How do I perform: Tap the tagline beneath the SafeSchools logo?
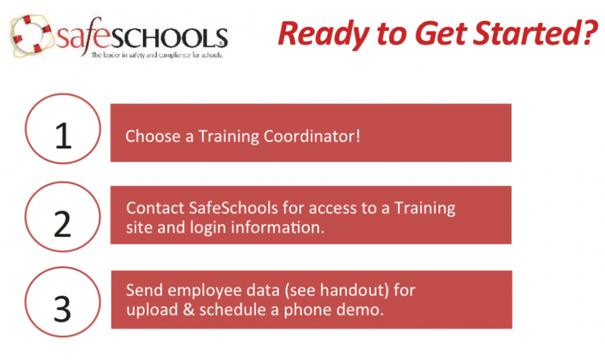157,55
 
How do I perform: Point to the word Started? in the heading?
536,33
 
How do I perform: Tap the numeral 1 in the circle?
64,136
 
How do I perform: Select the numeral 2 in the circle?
63,224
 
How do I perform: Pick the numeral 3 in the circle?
63,309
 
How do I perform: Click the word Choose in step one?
153,136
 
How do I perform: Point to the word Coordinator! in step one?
312,136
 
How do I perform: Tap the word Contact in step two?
155,208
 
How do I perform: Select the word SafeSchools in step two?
233,208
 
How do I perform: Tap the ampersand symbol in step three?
188,310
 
